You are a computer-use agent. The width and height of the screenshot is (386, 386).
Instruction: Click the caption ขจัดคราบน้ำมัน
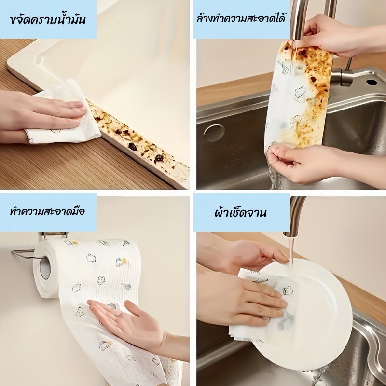click(x=48, y=19)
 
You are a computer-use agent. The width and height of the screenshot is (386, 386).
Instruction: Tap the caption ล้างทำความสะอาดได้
click(x=241, y=18)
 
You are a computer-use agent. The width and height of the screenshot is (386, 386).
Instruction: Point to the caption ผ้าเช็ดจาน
click(x=240, y=212)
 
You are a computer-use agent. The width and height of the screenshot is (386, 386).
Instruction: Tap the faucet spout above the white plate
click(x=295, y=217)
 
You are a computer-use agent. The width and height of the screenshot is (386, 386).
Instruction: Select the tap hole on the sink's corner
click(x=372, y=82)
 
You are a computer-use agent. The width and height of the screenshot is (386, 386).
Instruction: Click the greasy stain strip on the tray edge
click(x=138, y=138)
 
